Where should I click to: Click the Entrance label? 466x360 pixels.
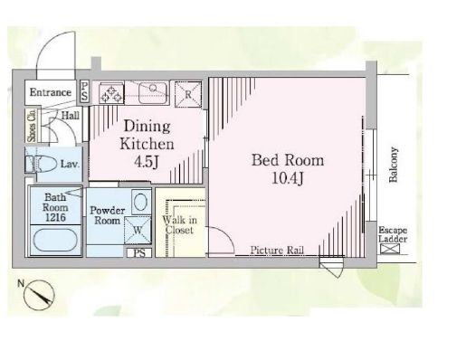(51, 92)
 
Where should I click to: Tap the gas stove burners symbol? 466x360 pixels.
(111, 92)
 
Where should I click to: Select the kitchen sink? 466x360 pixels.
(153, 92)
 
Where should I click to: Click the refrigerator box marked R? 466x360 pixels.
(188, 94)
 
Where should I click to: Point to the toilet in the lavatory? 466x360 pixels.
(42, 164)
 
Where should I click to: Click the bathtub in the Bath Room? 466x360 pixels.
(55, 240)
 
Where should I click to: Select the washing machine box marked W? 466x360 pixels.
(138, 231)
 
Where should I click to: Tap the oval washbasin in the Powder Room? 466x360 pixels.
(141, 202)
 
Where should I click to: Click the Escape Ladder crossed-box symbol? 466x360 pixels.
(390, 249)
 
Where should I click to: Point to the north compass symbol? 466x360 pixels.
(39, 295)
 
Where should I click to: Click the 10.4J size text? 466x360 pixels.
(288, 179)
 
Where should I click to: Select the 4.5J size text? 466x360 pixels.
(147, 162)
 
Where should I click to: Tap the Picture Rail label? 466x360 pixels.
(277, 251)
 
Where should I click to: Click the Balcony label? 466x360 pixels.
(394, 165)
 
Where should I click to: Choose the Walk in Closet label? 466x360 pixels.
(180, 225)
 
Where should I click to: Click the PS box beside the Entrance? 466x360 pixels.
(84, 91)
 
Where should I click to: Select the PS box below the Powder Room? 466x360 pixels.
(139, 252)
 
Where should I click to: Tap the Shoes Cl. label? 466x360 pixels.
(32, 126)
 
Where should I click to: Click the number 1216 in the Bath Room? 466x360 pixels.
(55, 217)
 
